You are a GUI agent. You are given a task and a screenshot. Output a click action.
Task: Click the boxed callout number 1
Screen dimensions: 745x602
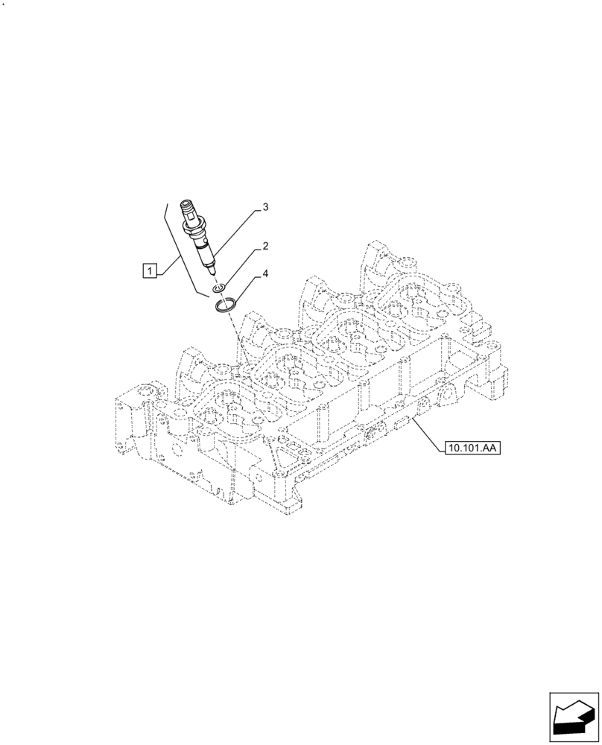[150, 271]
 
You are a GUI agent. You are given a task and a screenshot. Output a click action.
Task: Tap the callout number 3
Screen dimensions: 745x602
[264, 206]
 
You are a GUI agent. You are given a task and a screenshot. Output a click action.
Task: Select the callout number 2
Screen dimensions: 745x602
[264, 246]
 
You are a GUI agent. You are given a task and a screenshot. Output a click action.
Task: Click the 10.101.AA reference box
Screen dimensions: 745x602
[472, 448]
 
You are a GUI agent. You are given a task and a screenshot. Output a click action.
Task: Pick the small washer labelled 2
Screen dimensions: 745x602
[219, 288]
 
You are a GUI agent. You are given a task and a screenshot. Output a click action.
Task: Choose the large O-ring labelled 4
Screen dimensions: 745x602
[226, 305]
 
